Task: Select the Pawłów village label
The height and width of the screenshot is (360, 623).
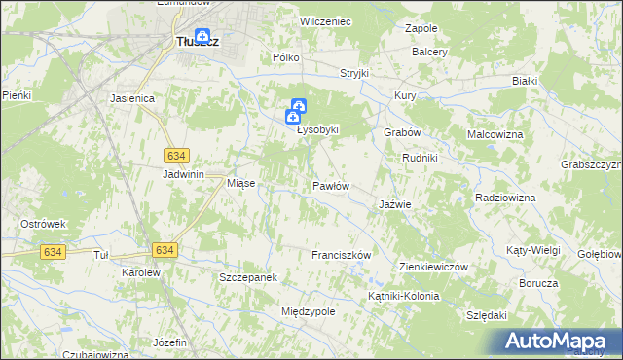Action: click(330, 185)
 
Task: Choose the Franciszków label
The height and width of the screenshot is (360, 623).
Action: click(342, 255)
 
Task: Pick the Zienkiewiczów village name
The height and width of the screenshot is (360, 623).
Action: click(434, 267)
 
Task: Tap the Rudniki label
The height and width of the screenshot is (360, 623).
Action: click(420, 158)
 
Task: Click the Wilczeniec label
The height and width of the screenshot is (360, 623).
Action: click(325, 20)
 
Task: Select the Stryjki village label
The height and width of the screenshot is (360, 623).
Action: click(355, 73)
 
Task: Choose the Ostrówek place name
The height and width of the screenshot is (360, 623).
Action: click(43, 224)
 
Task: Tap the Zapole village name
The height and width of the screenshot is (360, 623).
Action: click(421, 29)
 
